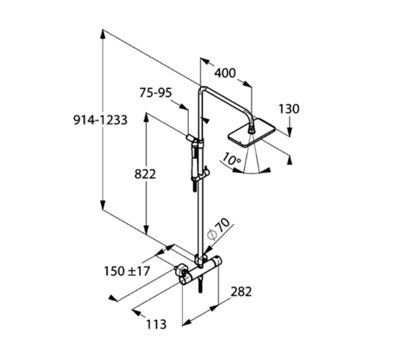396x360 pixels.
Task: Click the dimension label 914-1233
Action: coord(100,120)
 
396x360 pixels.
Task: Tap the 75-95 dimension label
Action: coord(156,93)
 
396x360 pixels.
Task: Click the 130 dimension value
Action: coord(289,109)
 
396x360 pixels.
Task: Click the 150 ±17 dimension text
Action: coord(127,271)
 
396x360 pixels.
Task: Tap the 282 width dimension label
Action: coord(241,292)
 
